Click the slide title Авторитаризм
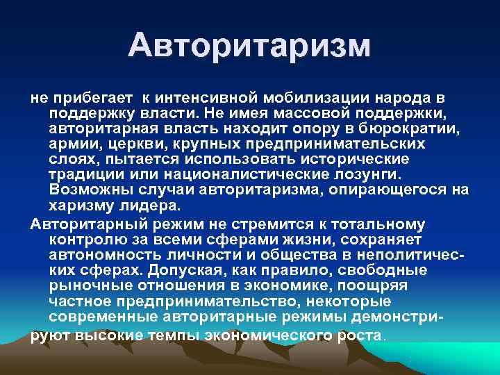[x=250, y=47]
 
